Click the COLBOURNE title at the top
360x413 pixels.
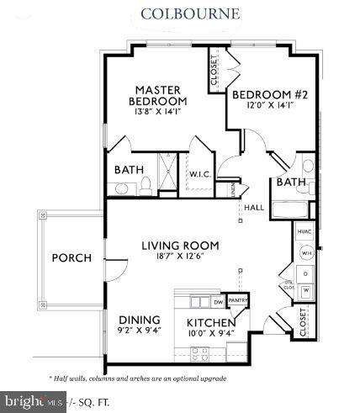178,13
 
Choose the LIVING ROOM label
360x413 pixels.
180,246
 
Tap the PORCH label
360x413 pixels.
71,258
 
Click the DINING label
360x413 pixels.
140,320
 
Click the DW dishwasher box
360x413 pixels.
217,300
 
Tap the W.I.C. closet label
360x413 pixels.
199,175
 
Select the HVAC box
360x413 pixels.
304,231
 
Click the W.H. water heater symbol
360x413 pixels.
307,253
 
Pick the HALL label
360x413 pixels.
254,207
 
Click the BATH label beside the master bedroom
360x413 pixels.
129,169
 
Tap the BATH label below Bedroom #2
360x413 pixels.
290,182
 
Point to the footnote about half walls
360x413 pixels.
138,379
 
